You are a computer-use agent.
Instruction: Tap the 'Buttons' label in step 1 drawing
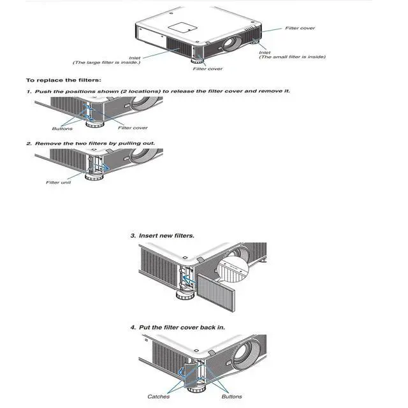coord(62,128)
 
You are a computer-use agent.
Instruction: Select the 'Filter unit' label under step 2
coord(57,182)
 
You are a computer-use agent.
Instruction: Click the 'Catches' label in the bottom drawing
coord(158,397)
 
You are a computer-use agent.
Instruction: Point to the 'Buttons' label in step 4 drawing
coord(231,397)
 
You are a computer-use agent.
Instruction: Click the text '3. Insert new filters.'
coord(162,236)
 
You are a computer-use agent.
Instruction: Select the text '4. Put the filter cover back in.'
coord(177,328)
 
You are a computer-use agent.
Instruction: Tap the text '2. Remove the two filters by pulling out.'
coord(90,143)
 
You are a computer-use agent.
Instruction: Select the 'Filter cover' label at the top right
coord(300,28)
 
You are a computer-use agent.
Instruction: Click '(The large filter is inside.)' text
coord(106,62)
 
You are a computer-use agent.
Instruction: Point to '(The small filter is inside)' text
coord(292,57)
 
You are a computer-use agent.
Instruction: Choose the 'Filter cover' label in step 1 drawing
coord(133,128)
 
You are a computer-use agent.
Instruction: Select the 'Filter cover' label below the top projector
coord(208,69)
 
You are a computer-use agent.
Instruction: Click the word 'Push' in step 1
coord(42,91)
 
